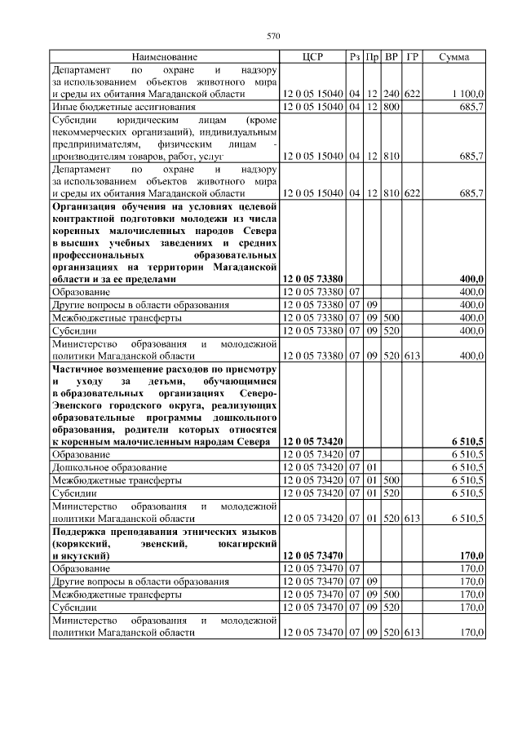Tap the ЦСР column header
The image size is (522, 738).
click(312, 58)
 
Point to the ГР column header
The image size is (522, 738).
click(413, 58)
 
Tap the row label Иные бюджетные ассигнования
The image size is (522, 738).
click(123, 107)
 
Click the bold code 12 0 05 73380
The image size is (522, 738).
click(312, 279)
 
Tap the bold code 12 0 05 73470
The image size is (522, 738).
click(312, 555)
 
